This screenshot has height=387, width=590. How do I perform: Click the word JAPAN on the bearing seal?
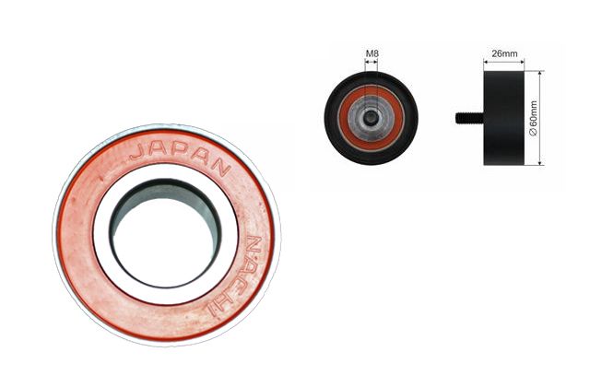[180, 155]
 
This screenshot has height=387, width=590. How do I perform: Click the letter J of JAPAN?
[136, 152]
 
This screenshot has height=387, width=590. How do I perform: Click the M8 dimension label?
[372, 53]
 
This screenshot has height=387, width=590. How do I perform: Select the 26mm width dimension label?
[504, 53]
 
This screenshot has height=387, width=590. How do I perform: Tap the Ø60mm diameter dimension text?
[533, 118]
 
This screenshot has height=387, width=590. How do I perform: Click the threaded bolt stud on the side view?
[469, 118]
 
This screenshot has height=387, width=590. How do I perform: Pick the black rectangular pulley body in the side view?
[503, 118]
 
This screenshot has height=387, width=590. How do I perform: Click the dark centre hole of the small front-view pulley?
[372, 119]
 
